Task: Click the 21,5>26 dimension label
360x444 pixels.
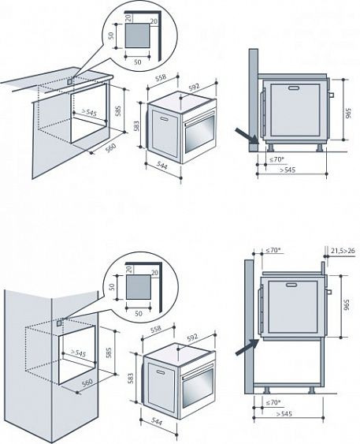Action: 343,251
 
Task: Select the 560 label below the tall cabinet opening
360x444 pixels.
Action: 87,382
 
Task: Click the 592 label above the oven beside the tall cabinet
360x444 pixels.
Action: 192,338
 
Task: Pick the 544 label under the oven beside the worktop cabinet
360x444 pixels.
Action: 161,166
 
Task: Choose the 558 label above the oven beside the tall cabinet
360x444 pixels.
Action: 156,329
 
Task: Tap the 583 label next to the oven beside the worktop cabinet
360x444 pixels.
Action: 136,126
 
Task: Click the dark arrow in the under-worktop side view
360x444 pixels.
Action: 247,136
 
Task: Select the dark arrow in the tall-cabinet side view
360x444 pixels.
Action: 247,347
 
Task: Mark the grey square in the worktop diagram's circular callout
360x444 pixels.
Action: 137,35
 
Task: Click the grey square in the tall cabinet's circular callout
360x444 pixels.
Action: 139,287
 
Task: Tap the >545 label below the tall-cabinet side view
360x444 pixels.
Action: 284,414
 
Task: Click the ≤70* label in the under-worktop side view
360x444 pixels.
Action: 276,159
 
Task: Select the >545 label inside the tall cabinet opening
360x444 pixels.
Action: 78,353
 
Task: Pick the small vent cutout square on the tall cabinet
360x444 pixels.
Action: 59,323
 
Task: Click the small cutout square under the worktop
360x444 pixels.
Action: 69,81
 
